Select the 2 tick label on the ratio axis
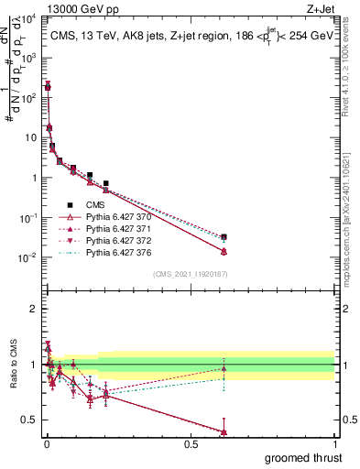tap(33, 309)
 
